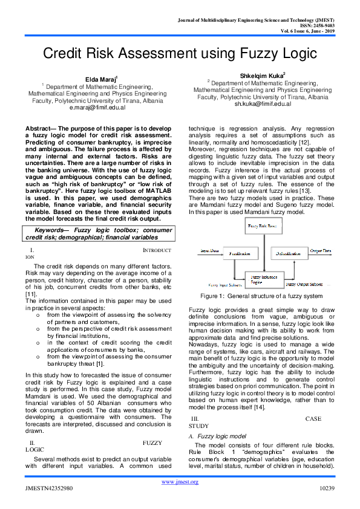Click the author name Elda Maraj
[96, 79]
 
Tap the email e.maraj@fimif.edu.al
[98, 108]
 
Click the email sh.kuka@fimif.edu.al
[263, 103]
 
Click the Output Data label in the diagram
[320, 250]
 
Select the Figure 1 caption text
[261, 296]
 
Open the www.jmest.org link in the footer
[180, 481]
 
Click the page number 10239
[327, 487]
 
